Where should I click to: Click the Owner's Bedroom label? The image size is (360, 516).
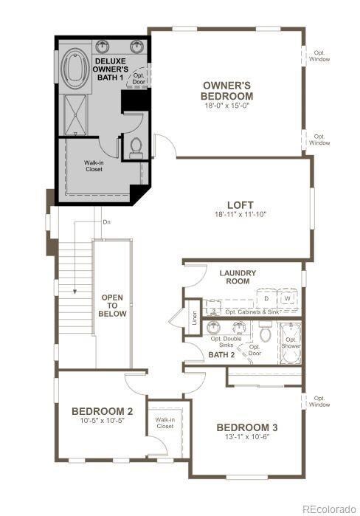pyautogui.click(x=228, y=91)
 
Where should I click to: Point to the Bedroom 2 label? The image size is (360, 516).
pyautogui.click(x=103, y=411)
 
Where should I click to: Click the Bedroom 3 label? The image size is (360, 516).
pyautogui.click(x=247, y=427)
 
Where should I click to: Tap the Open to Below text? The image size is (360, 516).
pyautogui.click(x=112, y=306)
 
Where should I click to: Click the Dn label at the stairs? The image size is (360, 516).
pyautogui.click(x=106, y=221)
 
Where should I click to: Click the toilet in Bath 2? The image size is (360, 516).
pyautogui.click(x=266, y=337)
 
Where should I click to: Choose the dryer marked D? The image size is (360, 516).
pyautogui.click(x=267, y=298)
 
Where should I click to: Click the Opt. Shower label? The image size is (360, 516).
pyautogui.click(x=292, y=343)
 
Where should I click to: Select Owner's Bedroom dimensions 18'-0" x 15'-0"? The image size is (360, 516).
pyautogui.click(x=228, y=105)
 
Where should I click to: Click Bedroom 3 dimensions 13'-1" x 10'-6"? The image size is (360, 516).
pyautogui.click(x=247, y=437)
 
